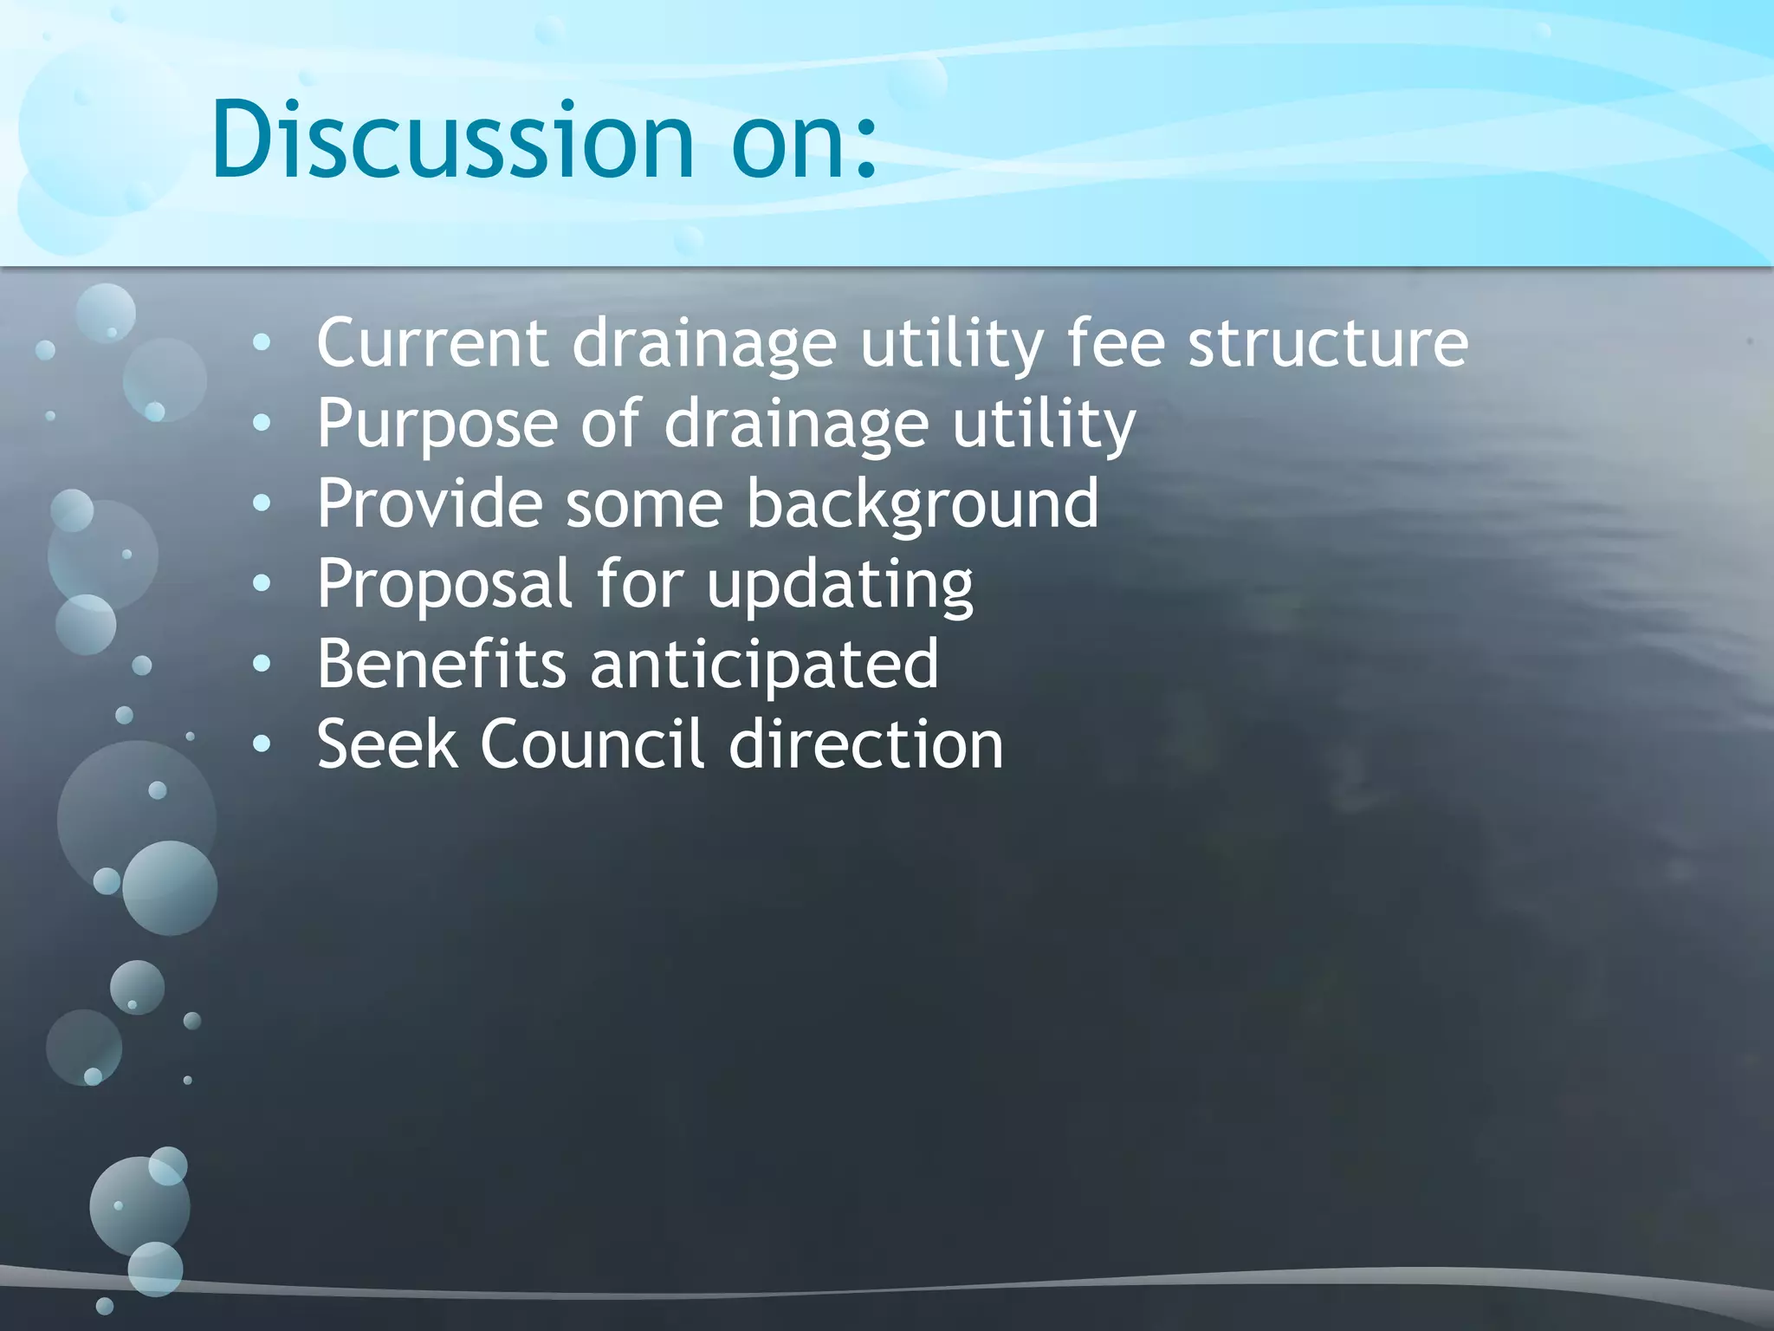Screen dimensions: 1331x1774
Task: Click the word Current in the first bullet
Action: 431,343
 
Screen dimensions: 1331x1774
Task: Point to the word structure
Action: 1327,345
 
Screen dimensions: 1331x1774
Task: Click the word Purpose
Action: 437,425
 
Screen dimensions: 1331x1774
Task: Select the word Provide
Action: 429,504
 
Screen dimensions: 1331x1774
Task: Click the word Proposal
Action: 443,585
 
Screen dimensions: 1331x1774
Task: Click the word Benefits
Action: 441,665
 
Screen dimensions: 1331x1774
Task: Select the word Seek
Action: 386,744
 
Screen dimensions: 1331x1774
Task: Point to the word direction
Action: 865,744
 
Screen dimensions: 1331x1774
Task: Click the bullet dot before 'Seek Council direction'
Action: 262,743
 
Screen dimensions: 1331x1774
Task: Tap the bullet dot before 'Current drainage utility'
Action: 262,343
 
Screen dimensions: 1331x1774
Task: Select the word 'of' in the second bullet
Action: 611,424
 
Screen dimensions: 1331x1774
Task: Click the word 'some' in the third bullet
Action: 644,504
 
